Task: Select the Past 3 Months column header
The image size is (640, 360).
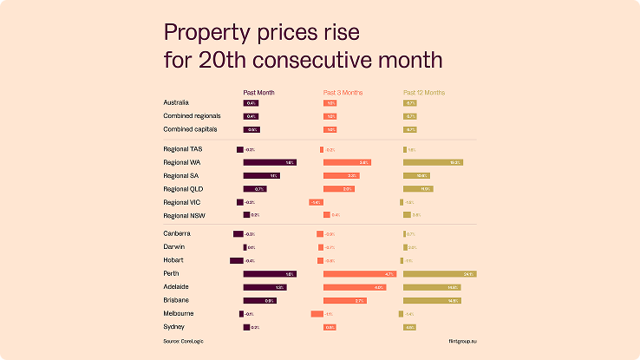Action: [343, 92]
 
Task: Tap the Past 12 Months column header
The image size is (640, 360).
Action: [424, 92]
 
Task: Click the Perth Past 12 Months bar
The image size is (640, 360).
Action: [440, 274]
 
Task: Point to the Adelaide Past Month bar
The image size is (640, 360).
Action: [265, 287]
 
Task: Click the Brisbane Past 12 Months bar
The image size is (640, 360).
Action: [432, 301]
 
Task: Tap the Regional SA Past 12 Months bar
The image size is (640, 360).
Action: [417, 175]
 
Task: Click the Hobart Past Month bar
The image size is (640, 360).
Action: [237, 260]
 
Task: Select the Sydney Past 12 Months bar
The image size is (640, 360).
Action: [410, 327]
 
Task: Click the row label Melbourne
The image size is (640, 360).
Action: [179, 313]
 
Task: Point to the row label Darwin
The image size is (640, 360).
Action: [174, 246]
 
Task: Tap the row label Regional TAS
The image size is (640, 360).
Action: [182, 149]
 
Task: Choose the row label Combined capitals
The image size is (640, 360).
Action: [190, 129]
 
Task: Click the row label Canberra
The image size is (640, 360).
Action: [177, 233]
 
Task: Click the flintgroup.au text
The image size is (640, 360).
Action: [463, 341]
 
